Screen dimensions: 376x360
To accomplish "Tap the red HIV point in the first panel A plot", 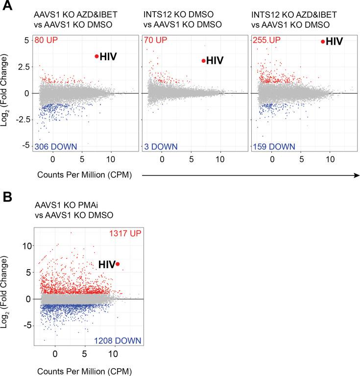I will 96,56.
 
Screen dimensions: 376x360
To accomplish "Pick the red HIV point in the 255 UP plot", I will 323,42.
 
